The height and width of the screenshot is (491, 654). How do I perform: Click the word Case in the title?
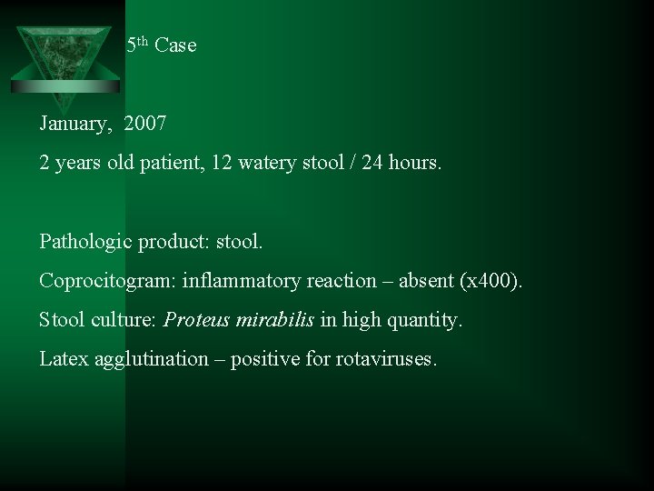[x=175, y=45]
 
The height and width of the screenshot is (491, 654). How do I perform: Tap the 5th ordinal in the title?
[x=137, y=45]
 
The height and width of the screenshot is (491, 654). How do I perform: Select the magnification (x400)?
[x=492, y=281]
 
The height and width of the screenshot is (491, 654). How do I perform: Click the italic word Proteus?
[x=196, y=320]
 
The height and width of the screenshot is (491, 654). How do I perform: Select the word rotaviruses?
[x=386, y=359]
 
